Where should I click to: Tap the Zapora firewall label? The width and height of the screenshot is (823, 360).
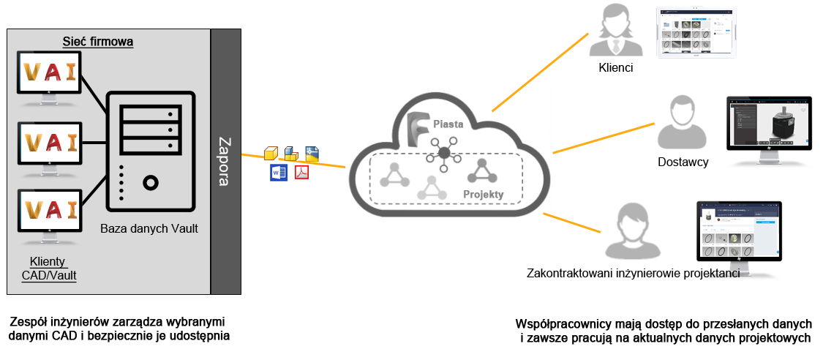pos(225,160)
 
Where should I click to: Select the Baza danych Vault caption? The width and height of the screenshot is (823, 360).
pos(149,229)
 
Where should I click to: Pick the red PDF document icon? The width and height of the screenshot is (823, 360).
pos(301,173)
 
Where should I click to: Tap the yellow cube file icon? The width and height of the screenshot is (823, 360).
pos(271,153)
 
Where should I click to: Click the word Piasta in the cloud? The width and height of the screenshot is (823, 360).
pos(448,124)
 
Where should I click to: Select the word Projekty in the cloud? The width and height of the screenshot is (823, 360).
pos(483,195)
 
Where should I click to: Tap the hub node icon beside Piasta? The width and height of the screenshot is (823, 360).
pos(443,152)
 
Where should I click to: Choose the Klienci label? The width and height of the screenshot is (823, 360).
pos(615,68)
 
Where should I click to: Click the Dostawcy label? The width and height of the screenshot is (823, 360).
pos(683,162)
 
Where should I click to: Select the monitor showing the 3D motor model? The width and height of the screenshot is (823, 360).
pos(769,124)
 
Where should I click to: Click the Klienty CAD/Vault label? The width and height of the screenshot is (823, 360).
pos(48,269)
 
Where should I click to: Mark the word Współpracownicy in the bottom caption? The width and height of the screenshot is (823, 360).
pos(560,323)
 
